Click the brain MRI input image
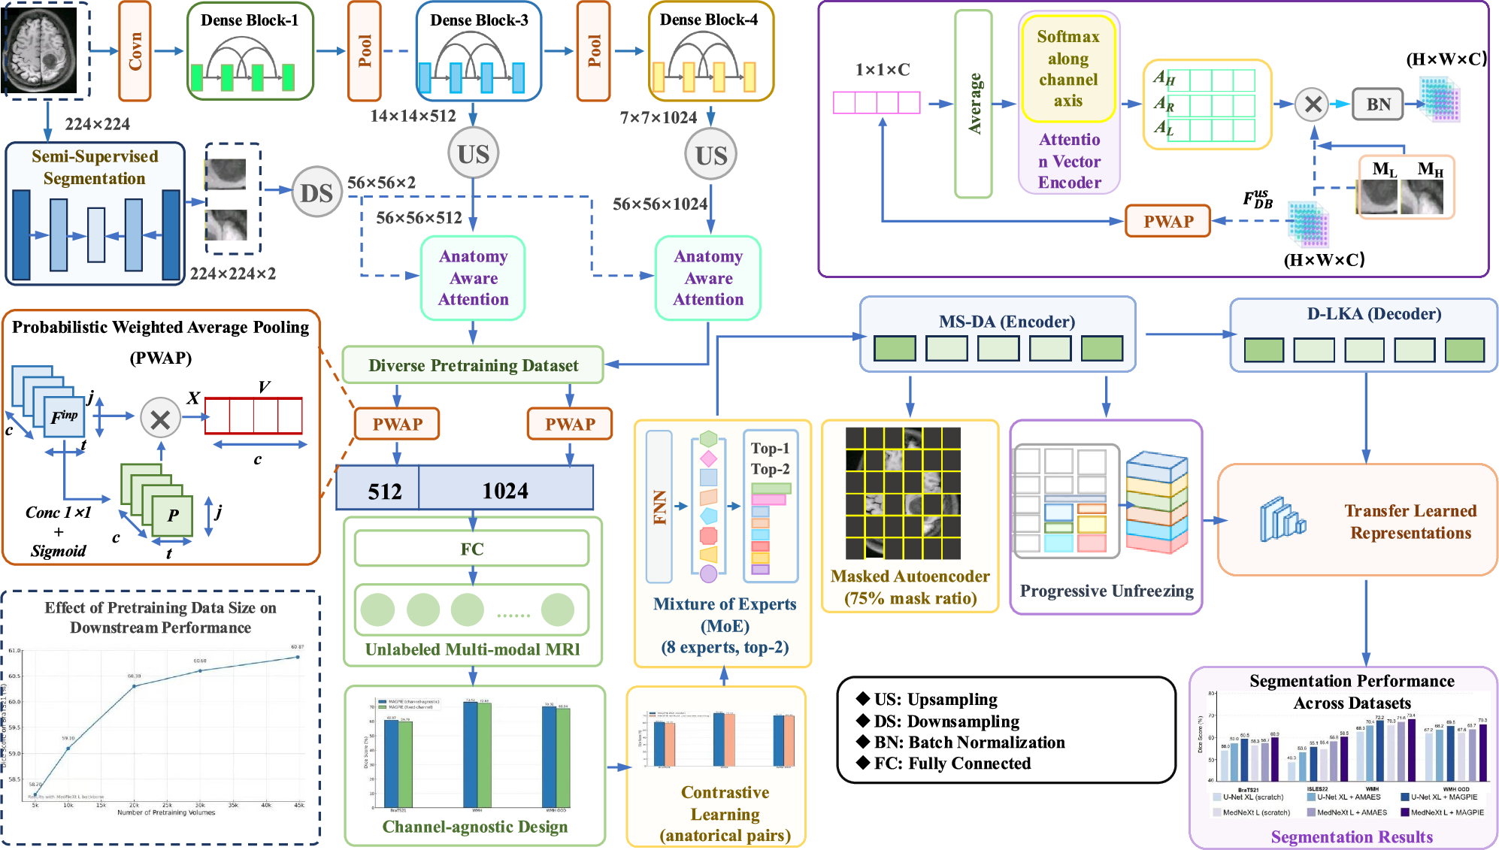click(x=41, y=50)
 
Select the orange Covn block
click(x=135, y=51)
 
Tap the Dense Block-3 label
click(x=479, y=20)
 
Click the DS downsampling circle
click(x=316, y=192)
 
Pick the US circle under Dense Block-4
click(x=710, y=156)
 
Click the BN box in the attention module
click(x=1378, y=104)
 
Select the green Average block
click(x=974, y=104)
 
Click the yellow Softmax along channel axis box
click(x=1068, y=68)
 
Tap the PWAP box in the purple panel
click(x=1167, y=222)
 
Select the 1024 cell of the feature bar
click(x=505, y=490)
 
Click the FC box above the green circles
click(x=472, y=549)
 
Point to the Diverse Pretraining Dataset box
click(x=473, y=365)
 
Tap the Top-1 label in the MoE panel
click(x=770, y=448)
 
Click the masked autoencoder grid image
click(x=903, y=493)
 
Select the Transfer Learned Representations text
click(x=1410, y=522)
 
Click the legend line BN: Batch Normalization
click(x=968, y=742)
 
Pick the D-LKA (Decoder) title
click(x=1373, y=314)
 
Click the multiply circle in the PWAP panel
click(x=160, y=419)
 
